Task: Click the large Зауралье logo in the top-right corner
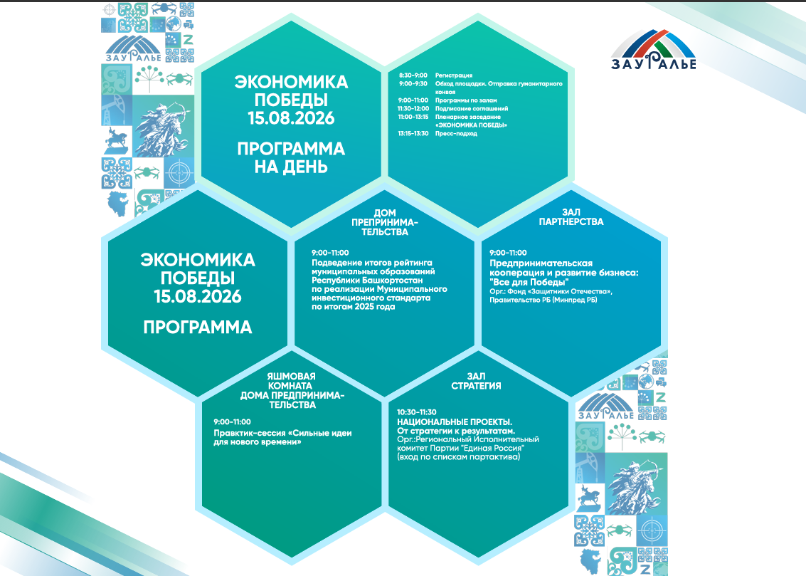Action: (653, 49)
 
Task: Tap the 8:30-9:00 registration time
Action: (413, 75)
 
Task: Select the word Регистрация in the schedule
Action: (453, 75)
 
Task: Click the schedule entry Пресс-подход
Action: (456, 134)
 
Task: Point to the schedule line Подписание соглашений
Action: (472, 108)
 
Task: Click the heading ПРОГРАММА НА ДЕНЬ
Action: (291, 158)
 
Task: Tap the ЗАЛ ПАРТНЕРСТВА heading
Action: (571, 217)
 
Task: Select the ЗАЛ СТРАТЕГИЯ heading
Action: (476, 381)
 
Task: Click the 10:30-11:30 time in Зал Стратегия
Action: (416, 412)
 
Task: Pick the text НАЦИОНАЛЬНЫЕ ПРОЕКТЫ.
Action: (455, 422)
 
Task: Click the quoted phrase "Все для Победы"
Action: (529, 283)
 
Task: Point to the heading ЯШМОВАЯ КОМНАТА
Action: (291, 381)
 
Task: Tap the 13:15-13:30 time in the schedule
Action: (413, 134)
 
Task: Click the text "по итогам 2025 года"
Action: (353, 307)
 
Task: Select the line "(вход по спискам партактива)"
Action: (459, 456)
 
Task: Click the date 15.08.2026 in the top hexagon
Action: (291, 118)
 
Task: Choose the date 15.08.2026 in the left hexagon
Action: (197, 296)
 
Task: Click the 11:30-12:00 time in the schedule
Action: (413, 108)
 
